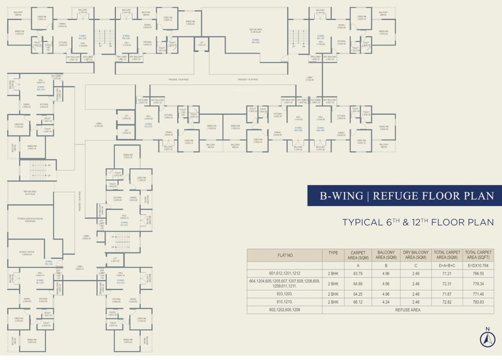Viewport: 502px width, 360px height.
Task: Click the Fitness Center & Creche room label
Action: [30, 220]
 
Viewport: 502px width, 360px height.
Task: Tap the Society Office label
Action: [26, 254]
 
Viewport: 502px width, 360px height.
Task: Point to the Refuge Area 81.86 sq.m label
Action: [255, 30]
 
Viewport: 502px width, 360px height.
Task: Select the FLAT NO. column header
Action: [284, 255]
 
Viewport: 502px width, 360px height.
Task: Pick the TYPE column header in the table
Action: [333, 255]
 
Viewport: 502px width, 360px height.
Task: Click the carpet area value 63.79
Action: [358, 273]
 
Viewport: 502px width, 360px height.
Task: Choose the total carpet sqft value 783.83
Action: [479, 302]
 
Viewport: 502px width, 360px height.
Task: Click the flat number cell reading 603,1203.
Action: [284, 293]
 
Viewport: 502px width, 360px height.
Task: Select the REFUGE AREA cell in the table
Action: [407, 310]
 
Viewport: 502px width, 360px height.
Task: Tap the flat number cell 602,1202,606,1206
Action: [284, 310]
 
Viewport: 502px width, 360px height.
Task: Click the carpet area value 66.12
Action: [358, 302]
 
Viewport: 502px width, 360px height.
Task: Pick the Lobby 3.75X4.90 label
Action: [309, 79]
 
